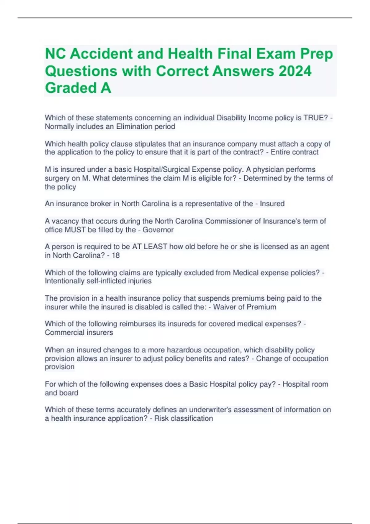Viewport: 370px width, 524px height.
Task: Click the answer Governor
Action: [x=158, y=230]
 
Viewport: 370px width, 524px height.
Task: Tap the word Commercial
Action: [x=62, y=333]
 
